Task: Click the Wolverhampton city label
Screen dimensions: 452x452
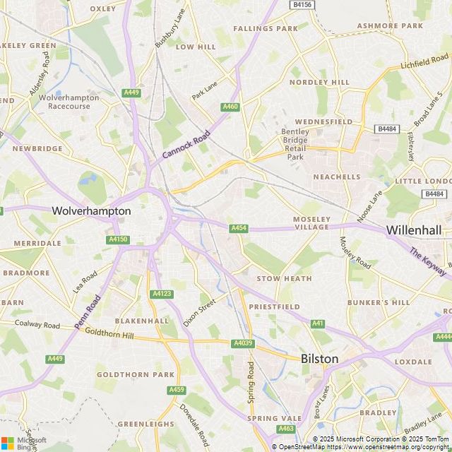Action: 91,210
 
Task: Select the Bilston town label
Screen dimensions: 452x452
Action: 319,359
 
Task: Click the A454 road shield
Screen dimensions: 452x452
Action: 239,227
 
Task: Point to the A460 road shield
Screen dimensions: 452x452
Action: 230,107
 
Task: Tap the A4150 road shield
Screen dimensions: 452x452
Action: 118,240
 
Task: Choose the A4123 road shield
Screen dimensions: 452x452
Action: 161,294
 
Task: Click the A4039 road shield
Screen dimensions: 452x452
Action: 242,343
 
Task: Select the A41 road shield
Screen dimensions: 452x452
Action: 318,323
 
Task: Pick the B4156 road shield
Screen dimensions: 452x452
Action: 302,4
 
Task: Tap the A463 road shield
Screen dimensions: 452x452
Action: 286,429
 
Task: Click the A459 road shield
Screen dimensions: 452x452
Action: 177,390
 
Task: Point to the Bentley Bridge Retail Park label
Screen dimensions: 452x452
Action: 295,144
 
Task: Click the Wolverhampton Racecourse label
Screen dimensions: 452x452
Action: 64,102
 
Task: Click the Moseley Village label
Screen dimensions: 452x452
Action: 311,222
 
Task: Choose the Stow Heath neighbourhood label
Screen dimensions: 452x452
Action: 274,279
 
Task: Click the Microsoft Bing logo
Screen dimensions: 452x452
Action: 24,443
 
